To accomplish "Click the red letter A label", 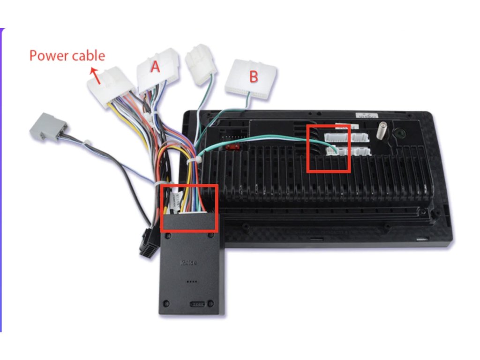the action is point(155,67).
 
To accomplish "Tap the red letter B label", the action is point(253,76).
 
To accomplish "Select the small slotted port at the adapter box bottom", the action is point(198,304).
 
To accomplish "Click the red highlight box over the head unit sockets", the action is point(329,148).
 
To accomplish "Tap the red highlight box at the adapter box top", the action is point(189,208).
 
